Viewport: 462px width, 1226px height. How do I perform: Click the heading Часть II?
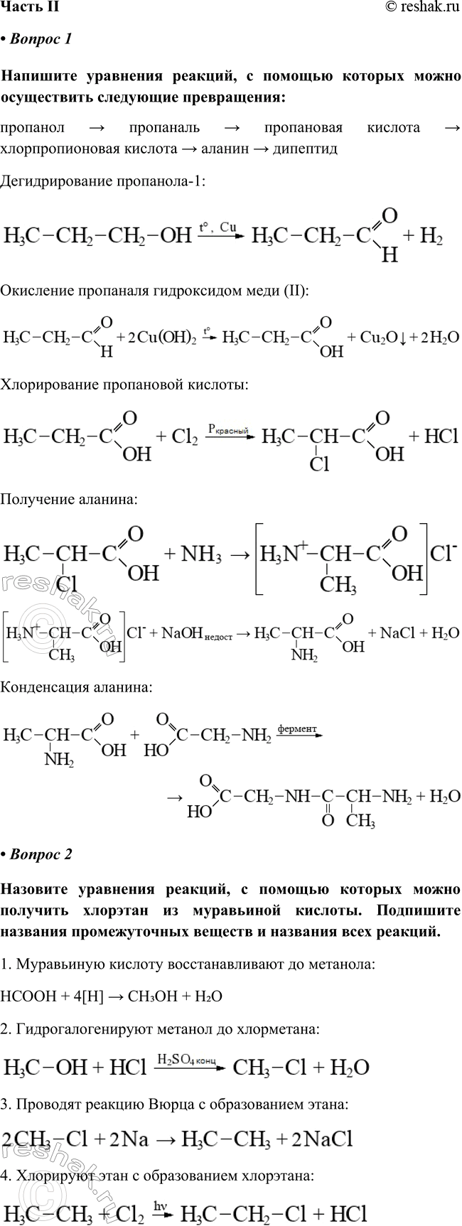coord(29,7)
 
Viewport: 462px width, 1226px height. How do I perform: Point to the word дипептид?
coord(301,149)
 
